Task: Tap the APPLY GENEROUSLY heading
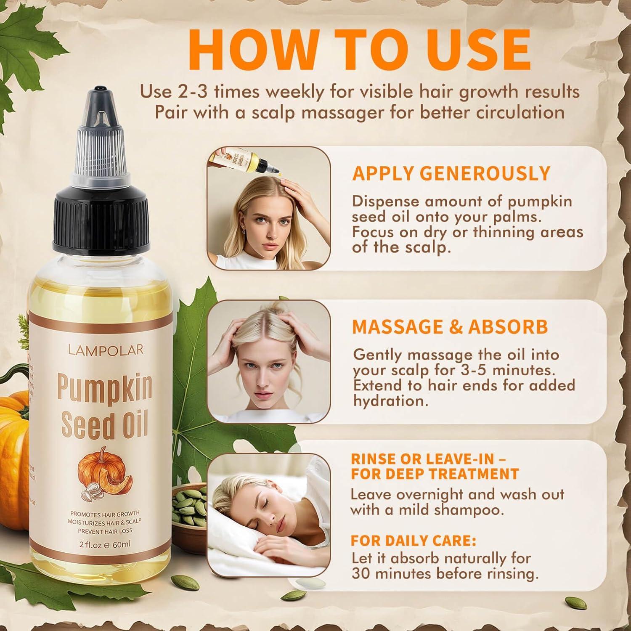pos(451,174)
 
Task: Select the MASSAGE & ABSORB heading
pos(450,327)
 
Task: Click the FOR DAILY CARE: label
pos(414,541)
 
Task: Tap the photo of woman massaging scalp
pos(268,362)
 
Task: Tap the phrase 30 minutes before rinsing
pos(445,574)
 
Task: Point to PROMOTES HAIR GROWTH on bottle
pos(105,514)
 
